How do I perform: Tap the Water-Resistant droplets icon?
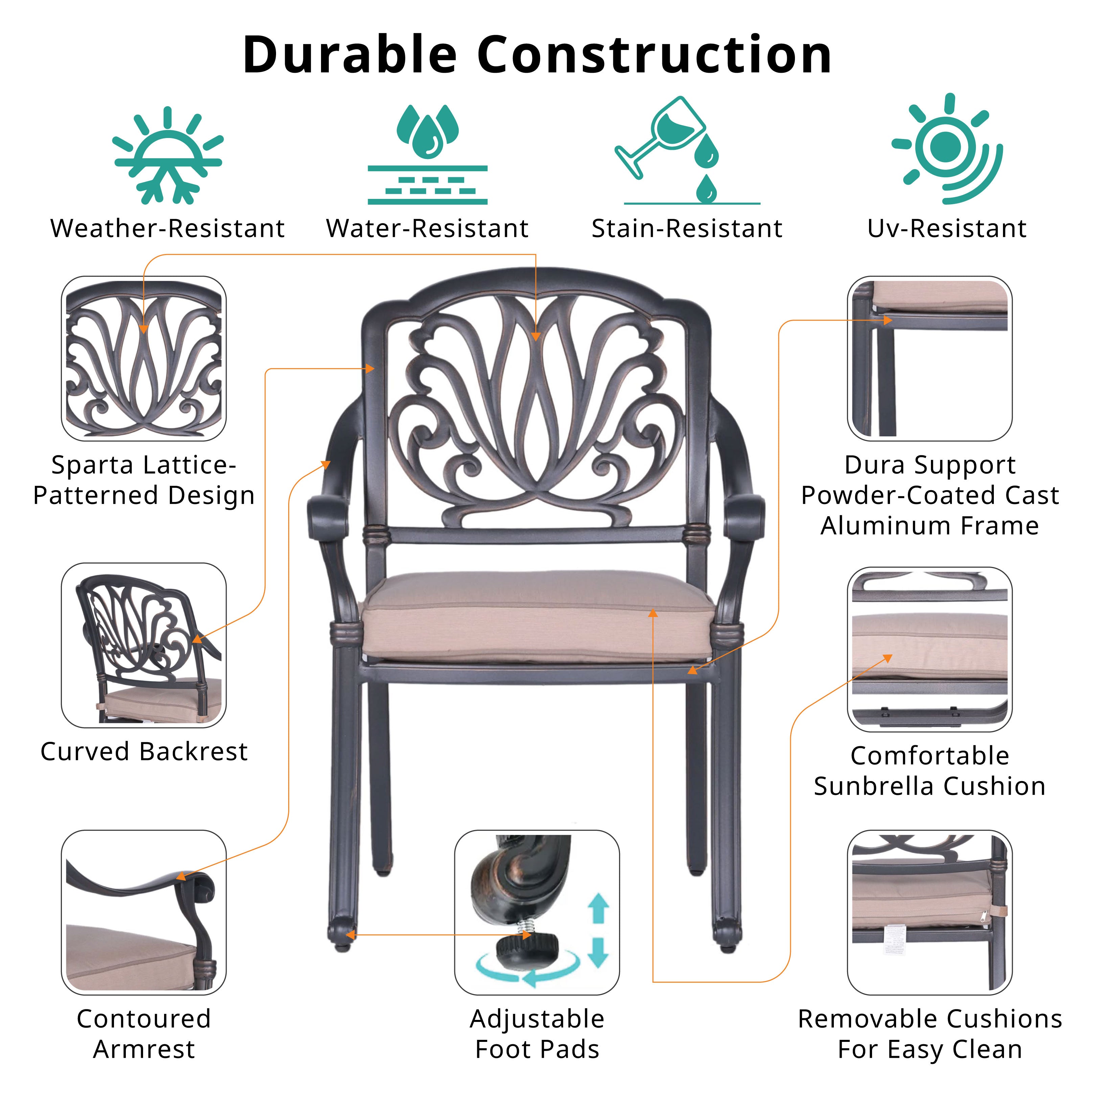[x=427, y=154]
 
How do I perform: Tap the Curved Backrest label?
[x=144, y=752]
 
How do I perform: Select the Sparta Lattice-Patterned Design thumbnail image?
[x=143, y=359]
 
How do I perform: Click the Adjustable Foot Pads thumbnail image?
[x=536, y=912]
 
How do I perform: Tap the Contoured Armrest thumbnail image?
[x=143, y=912]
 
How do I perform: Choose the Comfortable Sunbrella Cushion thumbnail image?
[x=930, y=649]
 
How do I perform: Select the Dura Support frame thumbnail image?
[x=930, y=359]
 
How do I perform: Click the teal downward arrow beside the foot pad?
[x=598, y=953]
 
